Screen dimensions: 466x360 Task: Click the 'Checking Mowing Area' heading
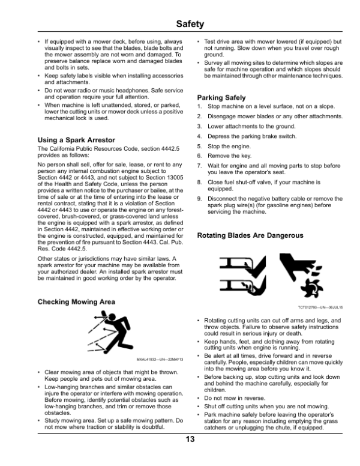[76, 301]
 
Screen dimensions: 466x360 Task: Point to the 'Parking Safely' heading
[221, 97]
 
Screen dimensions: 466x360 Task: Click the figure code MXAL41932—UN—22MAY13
[160, 359]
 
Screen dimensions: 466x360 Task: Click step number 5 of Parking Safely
[199, 146]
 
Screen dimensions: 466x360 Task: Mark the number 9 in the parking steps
[199, 199]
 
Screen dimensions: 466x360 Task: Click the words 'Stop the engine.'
[228, 146]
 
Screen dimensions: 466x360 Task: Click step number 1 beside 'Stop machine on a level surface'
[199, 107]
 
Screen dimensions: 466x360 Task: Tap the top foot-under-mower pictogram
[238, 265]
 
